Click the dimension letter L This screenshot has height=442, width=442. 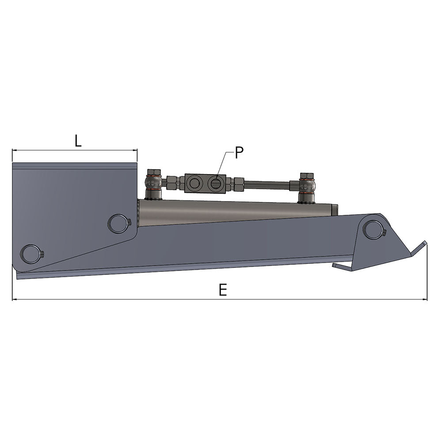pyautogui.click(x=78, y=141)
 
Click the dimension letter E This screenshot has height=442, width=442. pyautogui.click(x=223, y=290)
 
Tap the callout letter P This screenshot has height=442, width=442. pyautogui.click(x=239, y=153)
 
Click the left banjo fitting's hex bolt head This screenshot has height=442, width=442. pyautogui.click(x=153, y=172)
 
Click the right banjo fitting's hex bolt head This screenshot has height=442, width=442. pyautogui.click(x=307, y=176)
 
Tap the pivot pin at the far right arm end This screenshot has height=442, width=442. pyautogui.click(x=372, y=229)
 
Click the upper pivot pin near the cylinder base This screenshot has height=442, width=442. pyautogui.click(x=118, y=223)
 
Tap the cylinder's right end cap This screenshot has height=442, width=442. pyautogui.click(x=335, y=210)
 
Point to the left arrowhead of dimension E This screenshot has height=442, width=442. pyautogui.click(x=15, y=300)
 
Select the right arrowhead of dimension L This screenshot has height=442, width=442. pyautogui.click(x=135, y=150)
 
